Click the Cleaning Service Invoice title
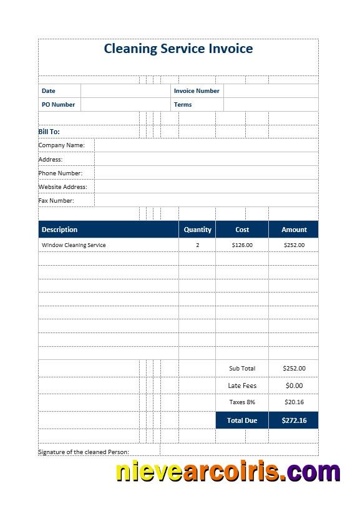coord(178,49)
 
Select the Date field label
coord(48,91)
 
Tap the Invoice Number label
coord(197,91)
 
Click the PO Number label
coord(58,105)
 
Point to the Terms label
coord(183,105)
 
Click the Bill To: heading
coord(49,132)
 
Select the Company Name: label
coord(62,145)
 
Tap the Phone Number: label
coord(61,173)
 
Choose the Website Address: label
coord(63,187)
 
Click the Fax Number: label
coord(56,200)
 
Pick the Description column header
coord(60,230)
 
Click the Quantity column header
coord(198,230)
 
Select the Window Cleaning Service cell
coord(74,245)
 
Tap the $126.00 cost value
coord(242,245)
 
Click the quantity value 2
coord(198,245)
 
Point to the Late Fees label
coord(242,385)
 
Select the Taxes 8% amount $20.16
coord(294,402)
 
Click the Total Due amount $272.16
coord(294,420)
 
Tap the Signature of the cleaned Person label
coord(84,452)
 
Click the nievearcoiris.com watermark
coord(228,472)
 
